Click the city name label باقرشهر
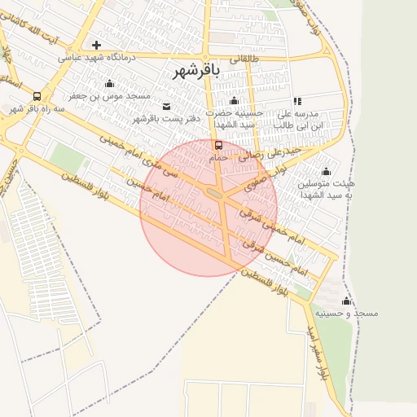click(199, 72)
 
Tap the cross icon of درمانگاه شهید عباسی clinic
click(97, 45)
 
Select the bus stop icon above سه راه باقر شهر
click(37, 96)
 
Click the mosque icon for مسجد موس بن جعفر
click(109, 84)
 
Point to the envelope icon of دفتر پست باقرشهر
click(167, 106)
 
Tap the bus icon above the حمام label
click(218, 146)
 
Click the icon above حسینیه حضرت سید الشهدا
click(235, 101)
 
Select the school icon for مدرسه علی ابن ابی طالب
click(297, 101)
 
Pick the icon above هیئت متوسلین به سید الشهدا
click(326, 171)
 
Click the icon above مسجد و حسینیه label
click(346, 301)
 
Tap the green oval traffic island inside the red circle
click(215, 193)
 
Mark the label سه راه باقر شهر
click(36, 108)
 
